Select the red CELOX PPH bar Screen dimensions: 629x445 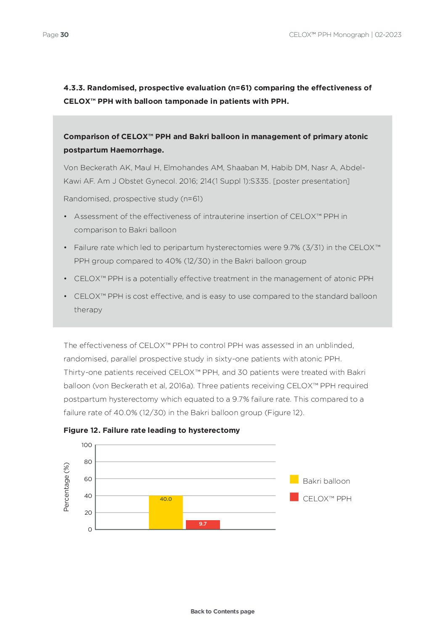(x=203, y=525)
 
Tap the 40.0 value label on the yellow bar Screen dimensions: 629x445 (x=166, y=499)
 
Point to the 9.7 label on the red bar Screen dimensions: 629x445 (x=203, y=524)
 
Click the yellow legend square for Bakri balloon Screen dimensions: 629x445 (x=294, y=479)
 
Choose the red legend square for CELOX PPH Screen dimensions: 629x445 (x=294, y=497)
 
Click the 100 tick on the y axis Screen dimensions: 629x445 (x=87, y=445)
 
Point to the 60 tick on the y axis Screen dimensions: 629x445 (x=88, y=479)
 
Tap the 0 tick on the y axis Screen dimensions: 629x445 (x=90, y=529)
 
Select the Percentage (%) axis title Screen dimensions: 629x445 (x=66, y=487)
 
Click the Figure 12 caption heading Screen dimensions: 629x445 (x=151, y=430)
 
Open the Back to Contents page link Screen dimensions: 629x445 (x=222, y=611)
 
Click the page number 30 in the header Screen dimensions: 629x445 (x=64, y=35)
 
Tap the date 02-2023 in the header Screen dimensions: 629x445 (x=388, y=35)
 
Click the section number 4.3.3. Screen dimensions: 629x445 (x=74, y=88)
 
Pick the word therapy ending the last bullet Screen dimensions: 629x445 (x=88, y=310)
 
